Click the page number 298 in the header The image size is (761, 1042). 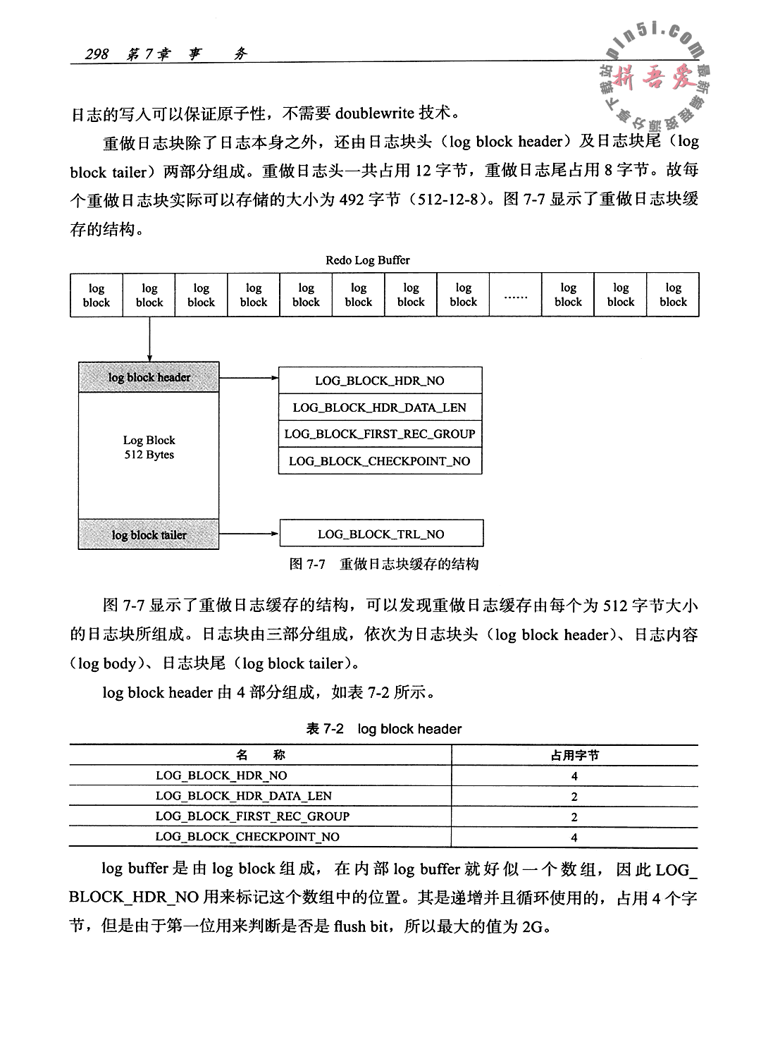pyautogui.click(x=97, y=54)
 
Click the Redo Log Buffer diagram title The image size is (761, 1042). pyautogui.click(x=367, y=260)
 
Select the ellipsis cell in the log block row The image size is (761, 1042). pyautogui.click(x=516, y=295)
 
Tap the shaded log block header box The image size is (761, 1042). pyautogui.click(x=149, y=377)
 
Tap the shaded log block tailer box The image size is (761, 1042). pyautogui.click(x=149, y=534)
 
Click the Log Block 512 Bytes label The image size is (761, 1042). pyautogui.click(x=149, y=448)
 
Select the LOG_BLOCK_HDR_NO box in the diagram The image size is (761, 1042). pyautogui.click(x=380, y=381)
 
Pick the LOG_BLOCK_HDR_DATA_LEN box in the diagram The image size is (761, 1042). pyautogui.click(x=380, y=407)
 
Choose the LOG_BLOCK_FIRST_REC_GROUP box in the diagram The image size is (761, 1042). pyautogui.click(x=380, y=434)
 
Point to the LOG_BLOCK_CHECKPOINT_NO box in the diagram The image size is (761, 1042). pyautogui.click(x=380, y=461)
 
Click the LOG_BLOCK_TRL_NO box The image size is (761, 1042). pyautogui.click(x=381, y=534)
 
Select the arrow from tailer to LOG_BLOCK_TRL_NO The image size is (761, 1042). pyautogui.click(x=249, y=534)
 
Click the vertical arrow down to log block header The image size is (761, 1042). pyautogui.click(x=149, y=340)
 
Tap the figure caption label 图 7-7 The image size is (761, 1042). pyautogui.click(x=307, y=565)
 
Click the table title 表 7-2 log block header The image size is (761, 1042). pyautogui.click(x=384, y=729)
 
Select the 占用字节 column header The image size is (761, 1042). pyautogui.click(x=574, y=755)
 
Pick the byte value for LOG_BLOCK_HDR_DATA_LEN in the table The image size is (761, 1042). pyautogui.click(x=574, y=797)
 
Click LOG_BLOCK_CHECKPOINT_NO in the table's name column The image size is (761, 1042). pyautogui.click(x=247, y=837)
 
